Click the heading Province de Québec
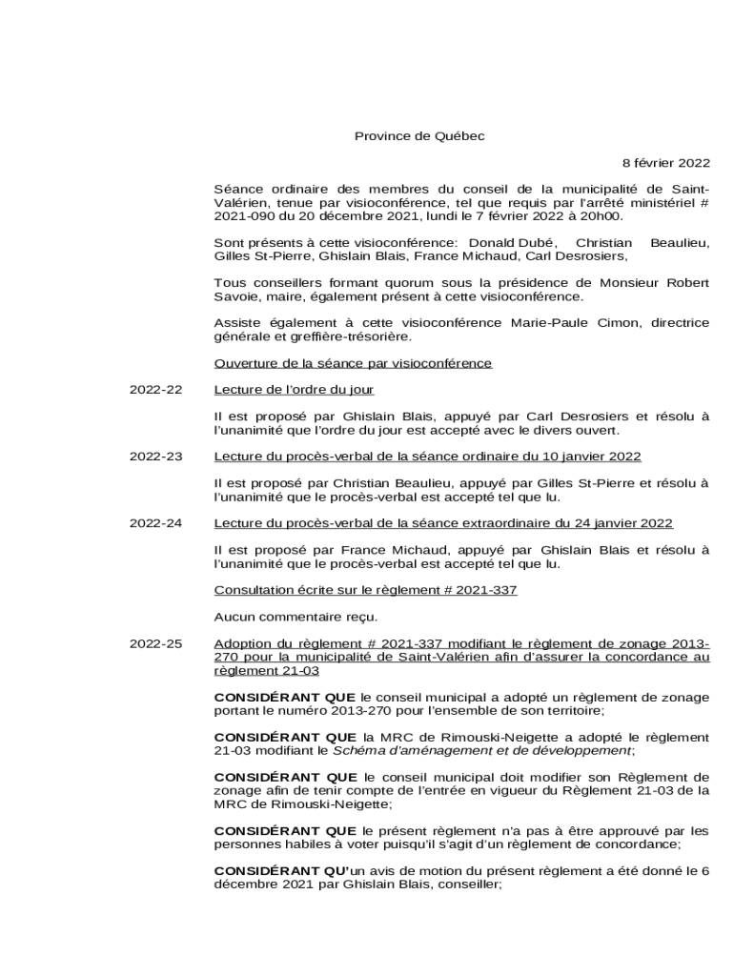click(x=419, y=136)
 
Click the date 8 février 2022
click(x=666, y=163)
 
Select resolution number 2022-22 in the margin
click(x=155, y=390)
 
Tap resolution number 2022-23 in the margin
click(x=155, y=457)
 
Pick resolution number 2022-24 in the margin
click(x=155, y=523)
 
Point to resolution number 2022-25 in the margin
click(x=155, y=644)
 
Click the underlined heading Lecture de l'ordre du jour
click(x=294, y=390)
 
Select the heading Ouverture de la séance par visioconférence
click(x=353, y=363)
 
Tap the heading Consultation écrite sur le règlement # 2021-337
click(x=365, y=591)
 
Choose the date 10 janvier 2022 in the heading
click(x=589, y=457)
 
